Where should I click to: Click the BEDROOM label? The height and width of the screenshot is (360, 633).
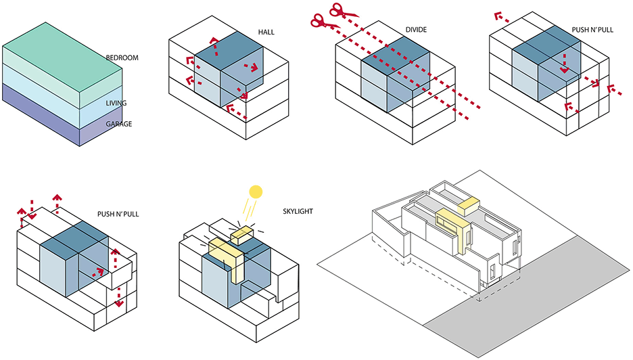(122, 58)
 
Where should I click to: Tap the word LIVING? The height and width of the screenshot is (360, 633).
(116, 103)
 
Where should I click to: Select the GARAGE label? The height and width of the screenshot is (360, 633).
(119, 124)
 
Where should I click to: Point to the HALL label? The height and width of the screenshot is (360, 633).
(266, 32)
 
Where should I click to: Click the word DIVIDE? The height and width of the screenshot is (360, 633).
(416, 30)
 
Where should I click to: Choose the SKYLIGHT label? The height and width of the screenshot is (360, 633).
(298, 211)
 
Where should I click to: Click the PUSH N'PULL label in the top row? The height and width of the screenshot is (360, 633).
(592, 30)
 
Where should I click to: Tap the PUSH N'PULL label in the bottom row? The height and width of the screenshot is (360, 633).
(118, 214)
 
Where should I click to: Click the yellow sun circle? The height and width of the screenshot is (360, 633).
(256, 192)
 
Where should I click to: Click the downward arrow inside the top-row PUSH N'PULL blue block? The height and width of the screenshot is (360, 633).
(565, 63)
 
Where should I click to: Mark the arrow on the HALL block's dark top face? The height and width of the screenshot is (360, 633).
(214, 47)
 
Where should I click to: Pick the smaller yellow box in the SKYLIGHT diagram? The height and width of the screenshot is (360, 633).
(241, 235)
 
